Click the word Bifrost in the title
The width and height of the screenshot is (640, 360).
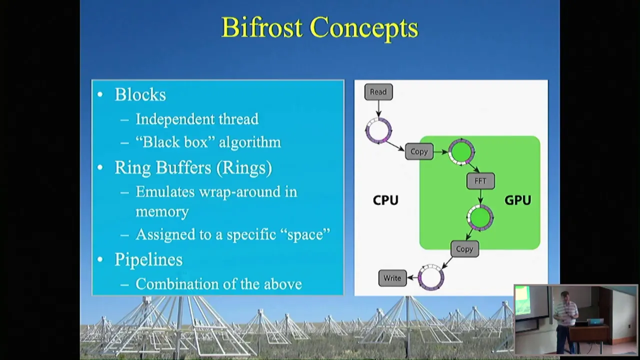click(x=261, y=27)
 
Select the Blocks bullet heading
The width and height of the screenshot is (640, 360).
click(x=140, y=94)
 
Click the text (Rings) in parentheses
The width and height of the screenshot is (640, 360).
click(x=244, y=167)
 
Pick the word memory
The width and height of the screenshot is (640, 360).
click(x=162, y=211)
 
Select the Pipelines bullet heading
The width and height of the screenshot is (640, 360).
click(x=148, y=259)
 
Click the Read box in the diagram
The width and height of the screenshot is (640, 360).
click(x=378, y=92)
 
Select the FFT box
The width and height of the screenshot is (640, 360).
click(x=480, y=181)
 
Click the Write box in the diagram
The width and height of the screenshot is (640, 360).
click(x=392, y=278)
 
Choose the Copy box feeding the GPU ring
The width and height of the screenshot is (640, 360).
click(x=419, y=151)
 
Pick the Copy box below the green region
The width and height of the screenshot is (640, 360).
click(x=464, y=249)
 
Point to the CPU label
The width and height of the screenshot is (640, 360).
click(x=385, y=200)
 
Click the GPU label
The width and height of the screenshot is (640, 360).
click(x=517, y=200)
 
